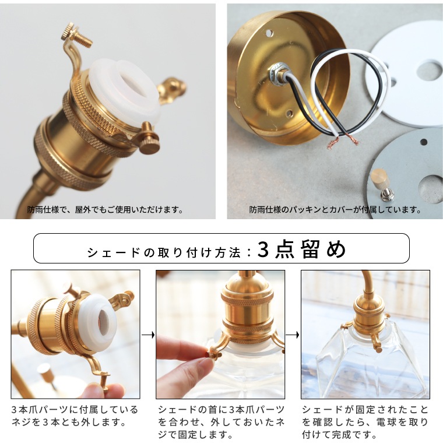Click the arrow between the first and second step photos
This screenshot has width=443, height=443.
[x=148, y=335]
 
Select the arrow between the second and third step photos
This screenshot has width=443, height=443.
[x=293, y=335]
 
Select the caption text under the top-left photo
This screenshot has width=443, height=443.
[x=106, y=210]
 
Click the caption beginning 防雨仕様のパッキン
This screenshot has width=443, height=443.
[x=335, y=210]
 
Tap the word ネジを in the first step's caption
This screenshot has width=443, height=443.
[x=26, y=422]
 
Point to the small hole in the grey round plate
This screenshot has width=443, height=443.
[x=424, y=142]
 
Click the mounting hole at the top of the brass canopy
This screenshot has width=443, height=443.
[x=269, y=34]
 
